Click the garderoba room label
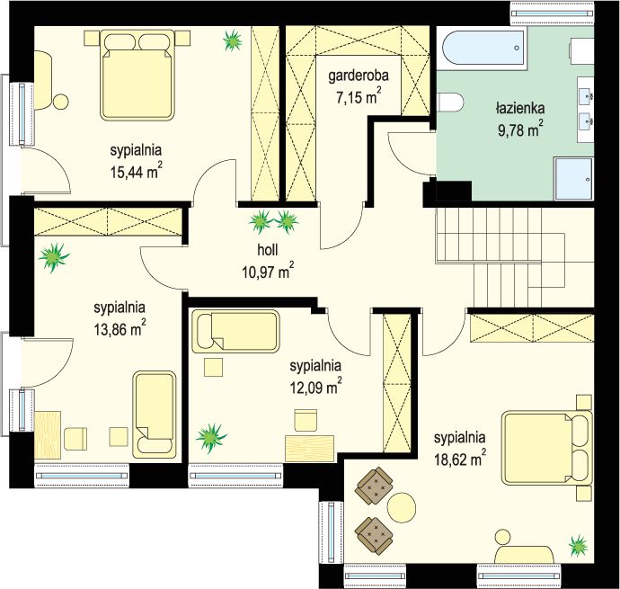pyautogui.click(x=359, y=76)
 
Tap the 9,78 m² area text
pyautogui.click(x=520, y=129)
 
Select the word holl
pyautogui.click(x=268, y=250)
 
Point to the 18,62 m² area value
pyautogui.click(x=460, y=460)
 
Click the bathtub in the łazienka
pyautogui.click(x=484, y=48)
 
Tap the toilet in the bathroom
pyautogui.click(x=449, y=102)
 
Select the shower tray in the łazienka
pyautogui.click(x=574, y=179)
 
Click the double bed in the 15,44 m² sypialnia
pyautogui.click(x=137, y=75)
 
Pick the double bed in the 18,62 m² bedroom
pyautogui.click(x=547, y=448)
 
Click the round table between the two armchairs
pyautogui.click(x=402, y=506)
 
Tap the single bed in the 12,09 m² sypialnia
pyautogui.click(x=235, y=331)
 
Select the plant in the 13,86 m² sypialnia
pyautogui.click(x=54, y=257)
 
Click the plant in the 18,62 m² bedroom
pyautogui.click(x=579, y=545)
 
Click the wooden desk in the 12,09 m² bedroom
pyautogui.click(x=310, y=448)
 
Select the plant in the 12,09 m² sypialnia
pyautogui.click(x=211, y=437)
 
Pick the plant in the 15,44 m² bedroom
pyautogui.click(x=233, y=40)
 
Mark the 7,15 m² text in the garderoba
pyautogui.click(x=359, y=96)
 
